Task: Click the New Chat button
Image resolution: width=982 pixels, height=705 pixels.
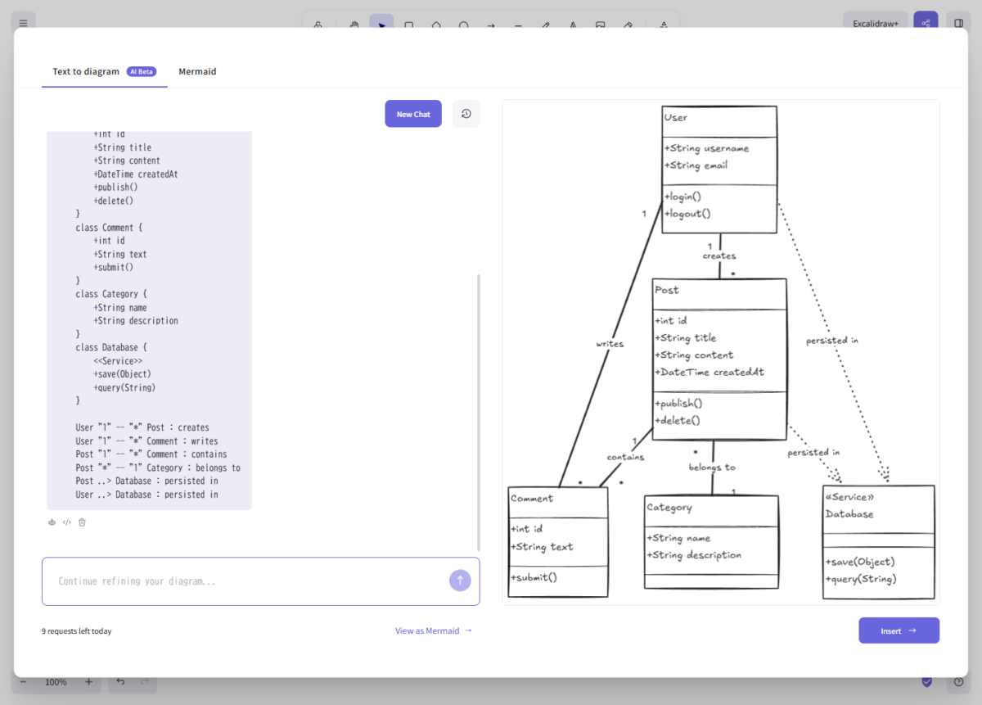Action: tap(413, 114)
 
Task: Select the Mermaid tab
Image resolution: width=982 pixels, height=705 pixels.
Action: tap(197, 71)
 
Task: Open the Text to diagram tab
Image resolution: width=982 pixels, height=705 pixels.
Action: tap(86, 71)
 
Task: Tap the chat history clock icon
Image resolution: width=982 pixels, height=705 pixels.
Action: tap(466, 114)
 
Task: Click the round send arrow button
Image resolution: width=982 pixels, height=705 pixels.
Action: tap(460, 581)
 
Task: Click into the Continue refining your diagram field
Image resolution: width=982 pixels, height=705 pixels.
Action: tap(245, 581)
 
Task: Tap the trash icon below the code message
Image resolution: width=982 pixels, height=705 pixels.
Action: tap(82, 522)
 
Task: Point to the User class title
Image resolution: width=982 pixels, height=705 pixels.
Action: tap(676, 118)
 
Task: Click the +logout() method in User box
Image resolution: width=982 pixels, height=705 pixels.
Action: tap(687, 214)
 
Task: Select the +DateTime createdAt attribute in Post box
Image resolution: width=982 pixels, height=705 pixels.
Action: tap(709, 372)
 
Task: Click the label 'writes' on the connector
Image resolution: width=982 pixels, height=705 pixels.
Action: tap(610, 344)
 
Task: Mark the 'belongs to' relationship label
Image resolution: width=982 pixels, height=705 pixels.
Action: tap(712, 467)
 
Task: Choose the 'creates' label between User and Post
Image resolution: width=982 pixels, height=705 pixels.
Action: tap(719, 255)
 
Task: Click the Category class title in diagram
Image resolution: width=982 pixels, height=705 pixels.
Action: tap(669, 508)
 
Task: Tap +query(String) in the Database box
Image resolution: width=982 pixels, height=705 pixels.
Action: tap(861, 579)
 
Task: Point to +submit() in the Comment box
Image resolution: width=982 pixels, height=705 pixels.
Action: tap(534, 577)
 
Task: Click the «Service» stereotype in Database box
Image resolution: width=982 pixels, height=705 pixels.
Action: tap(849, 497)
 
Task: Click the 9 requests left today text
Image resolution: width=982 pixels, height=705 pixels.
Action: tap(77, 631)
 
